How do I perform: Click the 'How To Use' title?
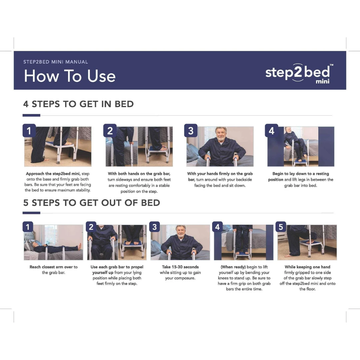click(x=70, y=76)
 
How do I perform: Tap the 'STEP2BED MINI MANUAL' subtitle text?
click(x=56, y=62)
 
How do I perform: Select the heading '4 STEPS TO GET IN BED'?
click(x=78, y=104)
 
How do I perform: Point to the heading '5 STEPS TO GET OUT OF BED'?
click(x=92, y=203)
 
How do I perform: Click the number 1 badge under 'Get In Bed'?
click(x=29, y=130)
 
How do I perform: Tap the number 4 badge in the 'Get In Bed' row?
click(x=271, y=130)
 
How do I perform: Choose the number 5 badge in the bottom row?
click(x=281, y=227)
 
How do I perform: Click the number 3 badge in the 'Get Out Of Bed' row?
click(x=155, y=227)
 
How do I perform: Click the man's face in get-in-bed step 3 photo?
click(x=221, y=134)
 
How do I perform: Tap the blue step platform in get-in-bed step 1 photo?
click(x=60, y=144)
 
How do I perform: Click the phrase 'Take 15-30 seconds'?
click(x=180, y=267)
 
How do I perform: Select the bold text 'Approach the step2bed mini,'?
click(x=53, y=174)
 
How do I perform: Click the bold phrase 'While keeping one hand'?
click(x=307, y=267)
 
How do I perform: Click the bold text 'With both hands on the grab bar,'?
click(x=139, y=174)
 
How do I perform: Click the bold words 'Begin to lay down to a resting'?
click(x=301, y=174)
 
